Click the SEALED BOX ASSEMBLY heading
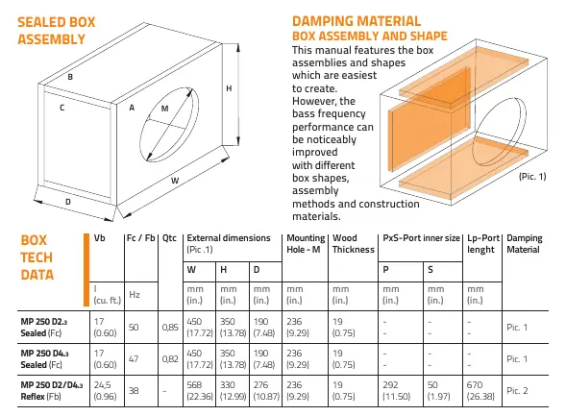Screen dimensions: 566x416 point(57,31)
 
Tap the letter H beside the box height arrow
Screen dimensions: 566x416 point(229,88)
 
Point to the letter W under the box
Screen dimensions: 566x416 point(175,181)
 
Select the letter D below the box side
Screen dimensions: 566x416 point(68,202)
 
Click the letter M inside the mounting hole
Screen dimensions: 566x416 point(164,109)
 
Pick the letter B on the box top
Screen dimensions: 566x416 point(70,77)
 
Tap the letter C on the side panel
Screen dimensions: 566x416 point(62,108)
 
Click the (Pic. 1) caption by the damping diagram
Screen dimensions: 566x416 point(532,177)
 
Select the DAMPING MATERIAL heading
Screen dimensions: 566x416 point(357,21)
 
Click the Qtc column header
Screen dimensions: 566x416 point(169,238)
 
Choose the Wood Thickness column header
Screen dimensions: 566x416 point(354,243)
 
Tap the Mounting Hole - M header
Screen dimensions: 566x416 point(306,243)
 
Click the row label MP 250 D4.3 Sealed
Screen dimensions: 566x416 point(44,359)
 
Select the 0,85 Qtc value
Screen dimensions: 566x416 point(170,328)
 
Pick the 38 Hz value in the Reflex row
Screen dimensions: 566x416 point(134,391)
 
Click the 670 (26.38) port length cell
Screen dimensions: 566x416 point(480,391)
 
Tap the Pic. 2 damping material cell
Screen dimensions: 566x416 point(517,391)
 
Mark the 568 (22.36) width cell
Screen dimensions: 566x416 point(200,391)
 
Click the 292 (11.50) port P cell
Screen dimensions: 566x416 point(396,391)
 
